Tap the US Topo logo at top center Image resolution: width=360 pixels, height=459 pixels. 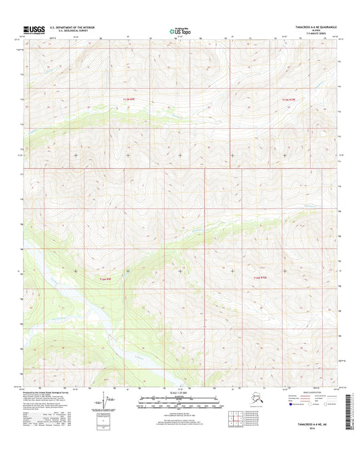pos(180,30)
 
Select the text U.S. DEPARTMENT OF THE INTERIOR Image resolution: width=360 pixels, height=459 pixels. pos(68,28)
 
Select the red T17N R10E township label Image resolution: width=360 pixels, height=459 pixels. pos(289,99)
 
